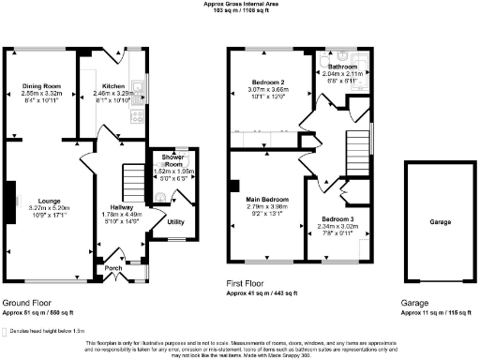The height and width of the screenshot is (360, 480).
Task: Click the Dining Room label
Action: [41, 86]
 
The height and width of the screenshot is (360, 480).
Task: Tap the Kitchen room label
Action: [113, 86]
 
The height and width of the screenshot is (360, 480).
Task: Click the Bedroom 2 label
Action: [269, 82]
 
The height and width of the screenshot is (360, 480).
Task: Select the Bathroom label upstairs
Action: [342, 67]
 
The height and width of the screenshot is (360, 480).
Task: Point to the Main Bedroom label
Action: [267, 200]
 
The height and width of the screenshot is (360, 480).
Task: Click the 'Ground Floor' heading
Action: [25, 303]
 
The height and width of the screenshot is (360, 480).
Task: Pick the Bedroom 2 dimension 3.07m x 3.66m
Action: [269, 89]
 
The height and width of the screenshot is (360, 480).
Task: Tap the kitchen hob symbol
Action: [138, 117]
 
